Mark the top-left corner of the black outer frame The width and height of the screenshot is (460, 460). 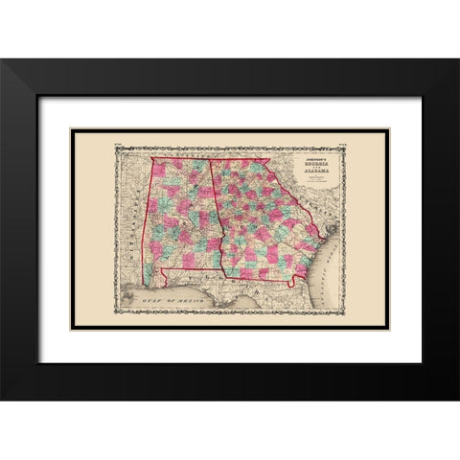pos(2,59)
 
